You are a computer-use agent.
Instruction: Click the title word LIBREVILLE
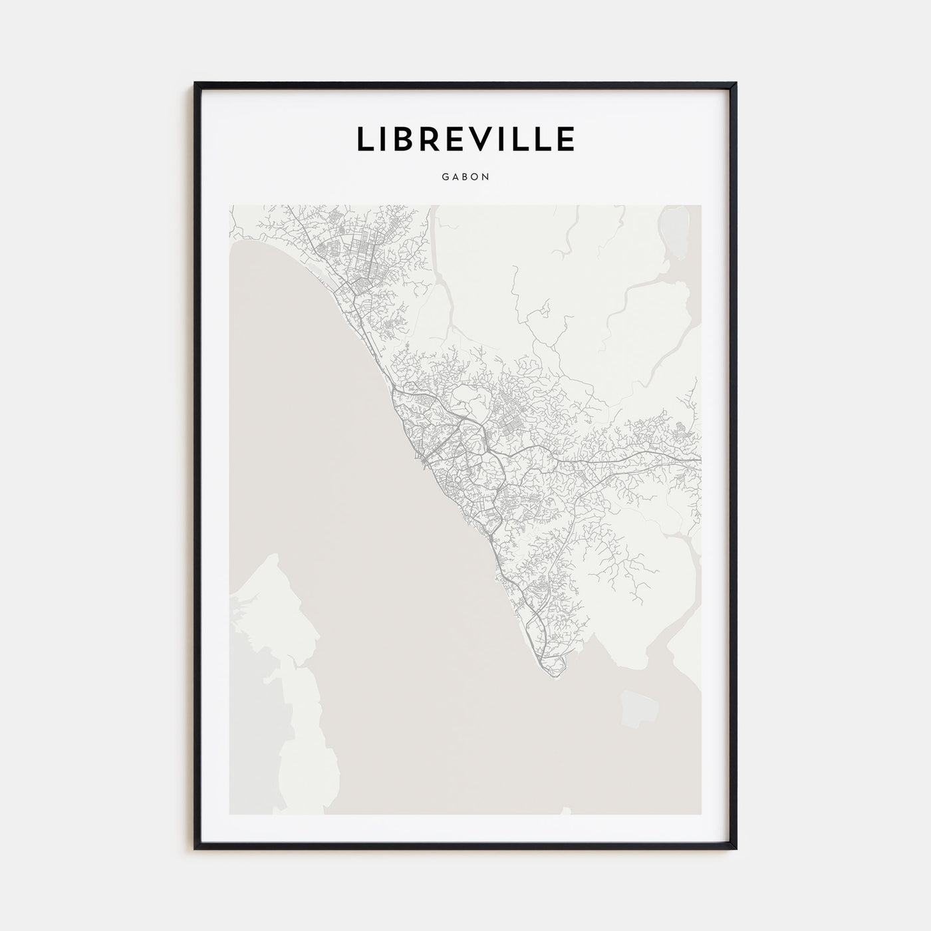(465, 139)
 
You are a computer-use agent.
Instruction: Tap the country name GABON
(465, 178)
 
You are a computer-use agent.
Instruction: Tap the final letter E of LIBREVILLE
(566, 139)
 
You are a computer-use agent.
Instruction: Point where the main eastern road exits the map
(700, 460)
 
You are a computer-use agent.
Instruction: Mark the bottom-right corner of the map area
(701, 814)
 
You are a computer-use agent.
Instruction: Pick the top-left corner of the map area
(229, 205)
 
